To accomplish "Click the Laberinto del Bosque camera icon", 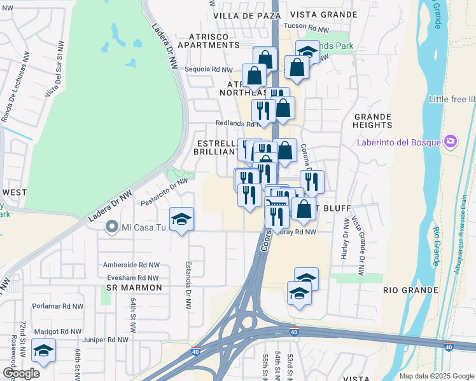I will [x=451, y=141].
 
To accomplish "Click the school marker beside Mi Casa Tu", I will [x=182, y=220].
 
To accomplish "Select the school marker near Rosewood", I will [x=43, y=351].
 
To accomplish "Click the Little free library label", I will [x=452, y=100].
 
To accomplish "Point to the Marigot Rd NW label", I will [x=59, y=331].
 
